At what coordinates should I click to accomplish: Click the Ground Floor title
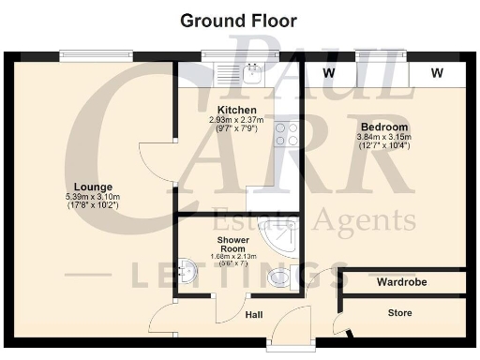coord(238,20)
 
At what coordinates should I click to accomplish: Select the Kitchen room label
coord(236,110)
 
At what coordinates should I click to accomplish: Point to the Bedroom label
coord(382,127)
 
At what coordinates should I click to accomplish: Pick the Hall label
coord(253,315)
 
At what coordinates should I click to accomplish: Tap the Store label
coord(400,313)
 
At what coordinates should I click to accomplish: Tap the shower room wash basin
coord(188,273)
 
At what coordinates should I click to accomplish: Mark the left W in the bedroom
coord(328,72)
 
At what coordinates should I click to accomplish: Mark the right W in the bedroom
coord(438,72)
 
